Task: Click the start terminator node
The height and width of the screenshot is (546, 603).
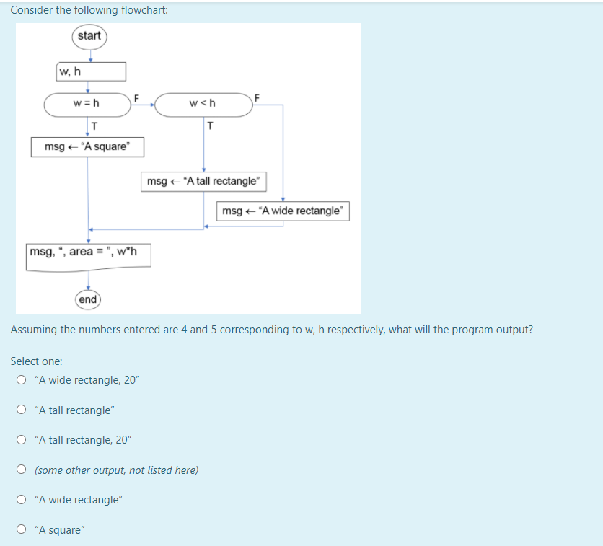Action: tap(89, 36)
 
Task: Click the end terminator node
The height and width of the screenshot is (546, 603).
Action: tap(88, 299)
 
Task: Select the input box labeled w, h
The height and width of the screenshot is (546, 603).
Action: tap(91, 71)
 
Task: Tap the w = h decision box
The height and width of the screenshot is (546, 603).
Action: tap(87, 104)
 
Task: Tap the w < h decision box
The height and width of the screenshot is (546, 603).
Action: tap(203, 104)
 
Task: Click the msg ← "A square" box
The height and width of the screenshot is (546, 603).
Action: tap(87, 147)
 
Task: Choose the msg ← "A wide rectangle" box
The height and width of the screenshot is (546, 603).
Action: tap(283, 211)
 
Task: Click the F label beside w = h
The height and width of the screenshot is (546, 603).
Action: tap(137, 97)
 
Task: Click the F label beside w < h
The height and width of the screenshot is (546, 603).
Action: tap(257, 97)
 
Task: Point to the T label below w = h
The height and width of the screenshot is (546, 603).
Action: tap(94, 126)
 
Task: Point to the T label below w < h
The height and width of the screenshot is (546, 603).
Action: tap(209, 126)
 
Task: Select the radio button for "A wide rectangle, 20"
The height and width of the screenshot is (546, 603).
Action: tap(22, 380)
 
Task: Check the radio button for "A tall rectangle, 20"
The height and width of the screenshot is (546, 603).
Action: tap(22, 440)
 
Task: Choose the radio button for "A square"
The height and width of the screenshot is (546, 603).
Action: tap(22, 530)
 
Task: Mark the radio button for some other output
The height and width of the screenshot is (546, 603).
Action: tap(22, 470)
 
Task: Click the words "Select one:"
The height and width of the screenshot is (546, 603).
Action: tap(36, 361)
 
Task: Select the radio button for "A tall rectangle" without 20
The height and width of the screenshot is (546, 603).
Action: tap(22, 410)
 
